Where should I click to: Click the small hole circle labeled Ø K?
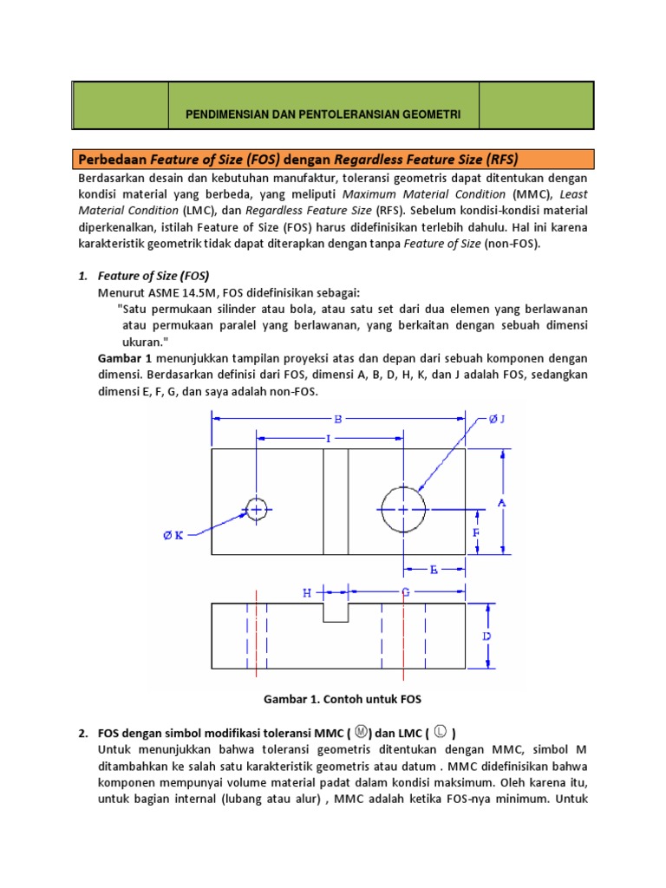(256, 509)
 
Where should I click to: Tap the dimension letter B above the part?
(339, 419)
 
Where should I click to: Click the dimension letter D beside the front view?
(487, 636)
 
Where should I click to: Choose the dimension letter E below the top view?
(434, 570)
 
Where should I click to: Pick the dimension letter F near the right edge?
(475, 532)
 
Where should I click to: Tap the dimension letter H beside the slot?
(306, 592)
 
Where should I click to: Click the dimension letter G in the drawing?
(405, 592)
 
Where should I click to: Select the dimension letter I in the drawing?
(329, 439)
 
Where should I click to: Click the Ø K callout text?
(173, 535)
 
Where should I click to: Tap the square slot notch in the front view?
(336, 612)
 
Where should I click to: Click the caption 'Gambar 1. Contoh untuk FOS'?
(334, 699)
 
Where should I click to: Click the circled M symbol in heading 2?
(362, 732)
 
